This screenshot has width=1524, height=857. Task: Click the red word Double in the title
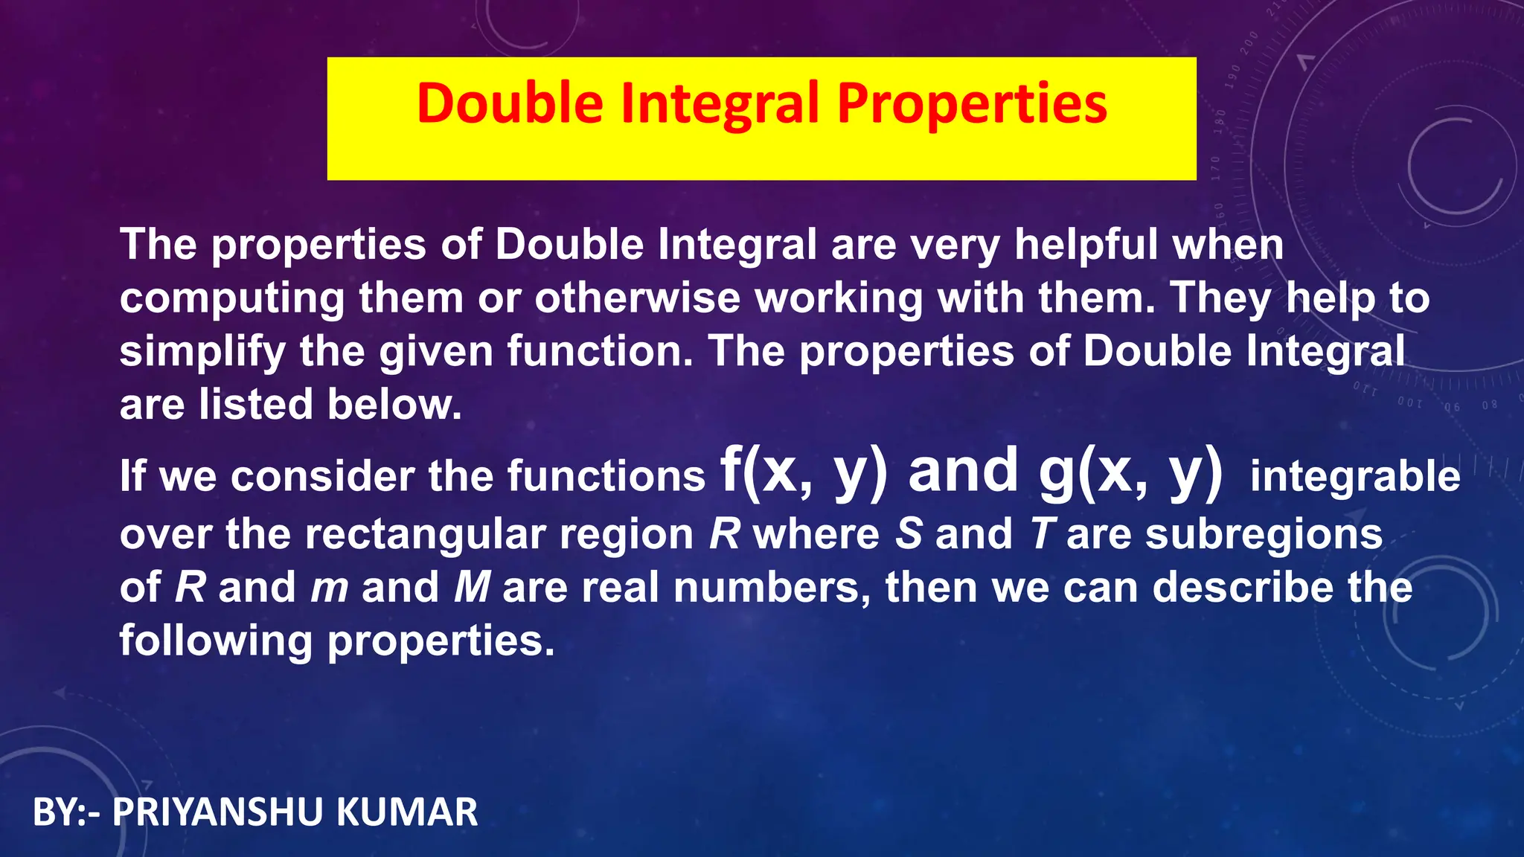coord(510,103)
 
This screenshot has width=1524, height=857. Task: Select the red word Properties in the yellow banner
coord(972,103)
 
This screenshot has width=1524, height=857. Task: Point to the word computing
coord(232,299)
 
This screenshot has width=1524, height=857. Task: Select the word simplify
coord(202,352)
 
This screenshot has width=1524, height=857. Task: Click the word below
coord(394,405)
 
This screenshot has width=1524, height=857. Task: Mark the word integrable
coord(1355,477)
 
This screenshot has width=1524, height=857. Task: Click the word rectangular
coord(423,534)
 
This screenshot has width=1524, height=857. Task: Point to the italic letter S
coord(909,534)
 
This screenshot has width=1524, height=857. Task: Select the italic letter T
coord(1043,534)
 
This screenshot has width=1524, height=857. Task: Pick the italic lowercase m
coord(329,588)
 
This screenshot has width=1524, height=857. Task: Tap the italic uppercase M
coord(471,588)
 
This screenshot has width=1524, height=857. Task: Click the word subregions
coord(1264,534)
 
